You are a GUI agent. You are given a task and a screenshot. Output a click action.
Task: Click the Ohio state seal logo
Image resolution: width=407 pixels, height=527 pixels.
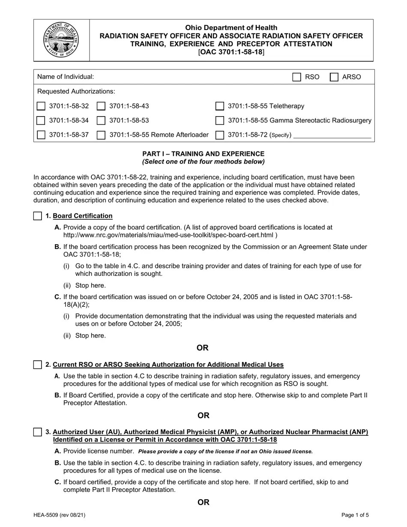click(61, 40)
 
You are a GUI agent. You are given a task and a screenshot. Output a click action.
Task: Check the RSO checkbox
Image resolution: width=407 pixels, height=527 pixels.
click(296, 77)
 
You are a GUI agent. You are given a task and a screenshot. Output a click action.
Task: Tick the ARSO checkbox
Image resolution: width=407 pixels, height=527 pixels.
click(334, 77)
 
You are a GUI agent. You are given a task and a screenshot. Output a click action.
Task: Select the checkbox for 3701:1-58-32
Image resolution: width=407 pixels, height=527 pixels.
click(41, 106)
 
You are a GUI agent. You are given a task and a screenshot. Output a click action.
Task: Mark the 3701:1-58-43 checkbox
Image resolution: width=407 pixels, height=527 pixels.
click(102, 106)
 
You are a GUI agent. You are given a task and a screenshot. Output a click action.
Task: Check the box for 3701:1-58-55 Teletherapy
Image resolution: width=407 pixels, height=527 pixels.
click(220, 106)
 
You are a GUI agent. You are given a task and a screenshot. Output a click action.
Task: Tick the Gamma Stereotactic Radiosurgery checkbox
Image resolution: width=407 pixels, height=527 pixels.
click(220, 120)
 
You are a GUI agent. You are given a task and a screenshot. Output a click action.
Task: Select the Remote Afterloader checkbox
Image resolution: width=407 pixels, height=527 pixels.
click(102, 135)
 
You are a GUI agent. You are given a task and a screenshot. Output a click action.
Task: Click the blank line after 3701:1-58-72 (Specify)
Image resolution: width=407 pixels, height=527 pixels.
click(332, 135)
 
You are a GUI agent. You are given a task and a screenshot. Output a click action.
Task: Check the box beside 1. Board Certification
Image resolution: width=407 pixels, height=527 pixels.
click(38, 216)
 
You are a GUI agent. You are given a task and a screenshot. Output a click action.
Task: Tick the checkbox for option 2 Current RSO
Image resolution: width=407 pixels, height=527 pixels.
click(38, 365)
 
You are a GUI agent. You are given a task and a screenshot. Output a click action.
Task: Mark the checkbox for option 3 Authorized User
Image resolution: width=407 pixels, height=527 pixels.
click(38, 432)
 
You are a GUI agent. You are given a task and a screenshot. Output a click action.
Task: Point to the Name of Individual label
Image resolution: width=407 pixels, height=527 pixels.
click(66, 77)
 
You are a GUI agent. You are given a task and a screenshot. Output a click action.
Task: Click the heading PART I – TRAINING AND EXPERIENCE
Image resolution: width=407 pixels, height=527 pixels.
click(203, 154)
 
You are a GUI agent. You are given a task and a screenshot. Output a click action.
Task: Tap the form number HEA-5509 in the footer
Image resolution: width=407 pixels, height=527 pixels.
click(60, 515)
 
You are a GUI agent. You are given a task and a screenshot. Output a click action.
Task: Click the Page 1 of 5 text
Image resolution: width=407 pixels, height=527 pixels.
click(355, 515)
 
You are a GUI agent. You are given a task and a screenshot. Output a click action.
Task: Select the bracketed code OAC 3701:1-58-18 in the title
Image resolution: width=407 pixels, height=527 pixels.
click(231, 52)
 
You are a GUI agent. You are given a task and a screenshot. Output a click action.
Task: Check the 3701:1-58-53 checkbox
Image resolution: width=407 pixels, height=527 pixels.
click(102, 120)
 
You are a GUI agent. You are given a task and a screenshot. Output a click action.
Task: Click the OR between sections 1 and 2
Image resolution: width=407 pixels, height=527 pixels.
click(203, 347)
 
